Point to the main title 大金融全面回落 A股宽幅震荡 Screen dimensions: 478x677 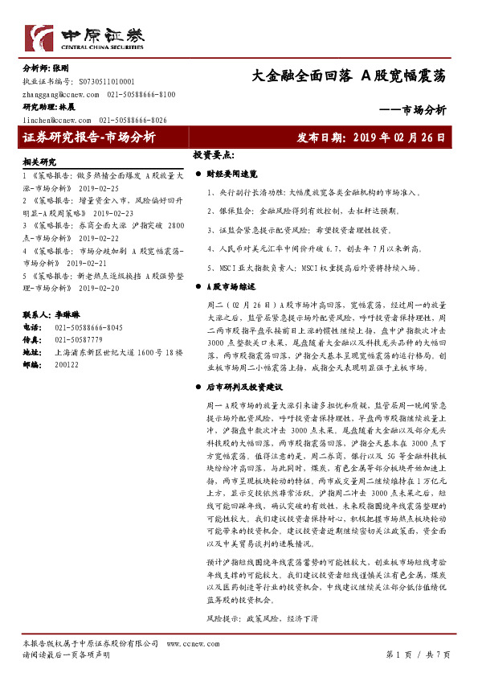tap(349, 76)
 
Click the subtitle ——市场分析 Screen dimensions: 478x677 tap(412, 110)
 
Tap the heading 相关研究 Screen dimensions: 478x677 tap(41, 162)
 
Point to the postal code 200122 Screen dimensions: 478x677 tap(67, 364)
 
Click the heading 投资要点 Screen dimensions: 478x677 tap(214, 154)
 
